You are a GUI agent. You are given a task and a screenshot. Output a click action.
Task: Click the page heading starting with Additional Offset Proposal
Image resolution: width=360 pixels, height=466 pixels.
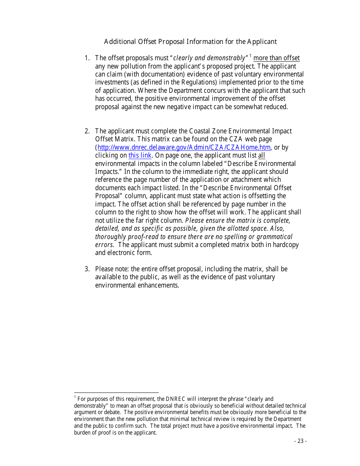point(190,42)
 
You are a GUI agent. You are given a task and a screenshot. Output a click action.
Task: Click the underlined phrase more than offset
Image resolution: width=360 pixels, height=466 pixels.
point(276,58)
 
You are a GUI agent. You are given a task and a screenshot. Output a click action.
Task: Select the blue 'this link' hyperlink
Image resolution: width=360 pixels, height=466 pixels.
point(140,155)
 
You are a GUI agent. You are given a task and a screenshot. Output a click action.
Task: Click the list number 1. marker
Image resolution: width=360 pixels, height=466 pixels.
point(87,58)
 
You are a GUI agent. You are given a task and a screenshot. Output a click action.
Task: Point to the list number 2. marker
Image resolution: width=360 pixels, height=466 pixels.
point(87,131)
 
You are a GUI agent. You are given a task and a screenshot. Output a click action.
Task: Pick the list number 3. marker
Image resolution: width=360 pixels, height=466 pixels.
point(87,269)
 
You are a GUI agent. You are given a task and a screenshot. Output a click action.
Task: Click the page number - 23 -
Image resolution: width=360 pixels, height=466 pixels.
point(300,441)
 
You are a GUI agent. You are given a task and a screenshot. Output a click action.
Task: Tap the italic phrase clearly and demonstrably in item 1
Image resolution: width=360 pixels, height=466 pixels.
point(209,58)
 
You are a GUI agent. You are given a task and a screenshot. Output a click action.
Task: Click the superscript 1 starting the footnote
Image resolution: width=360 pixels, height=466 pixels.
point(75,397)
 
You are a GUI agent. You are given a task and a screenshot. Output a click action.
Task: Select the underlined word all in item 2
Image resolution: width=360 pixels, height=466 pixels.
point(261,155)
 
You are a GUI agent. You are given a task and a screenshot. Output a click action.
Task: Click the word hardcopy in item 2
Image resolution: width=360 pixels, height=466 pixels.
point(285,245)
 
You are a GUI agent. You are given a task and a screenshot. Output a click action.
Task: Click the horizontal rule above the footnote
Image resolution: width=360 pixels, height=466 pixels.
point(116,393)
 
